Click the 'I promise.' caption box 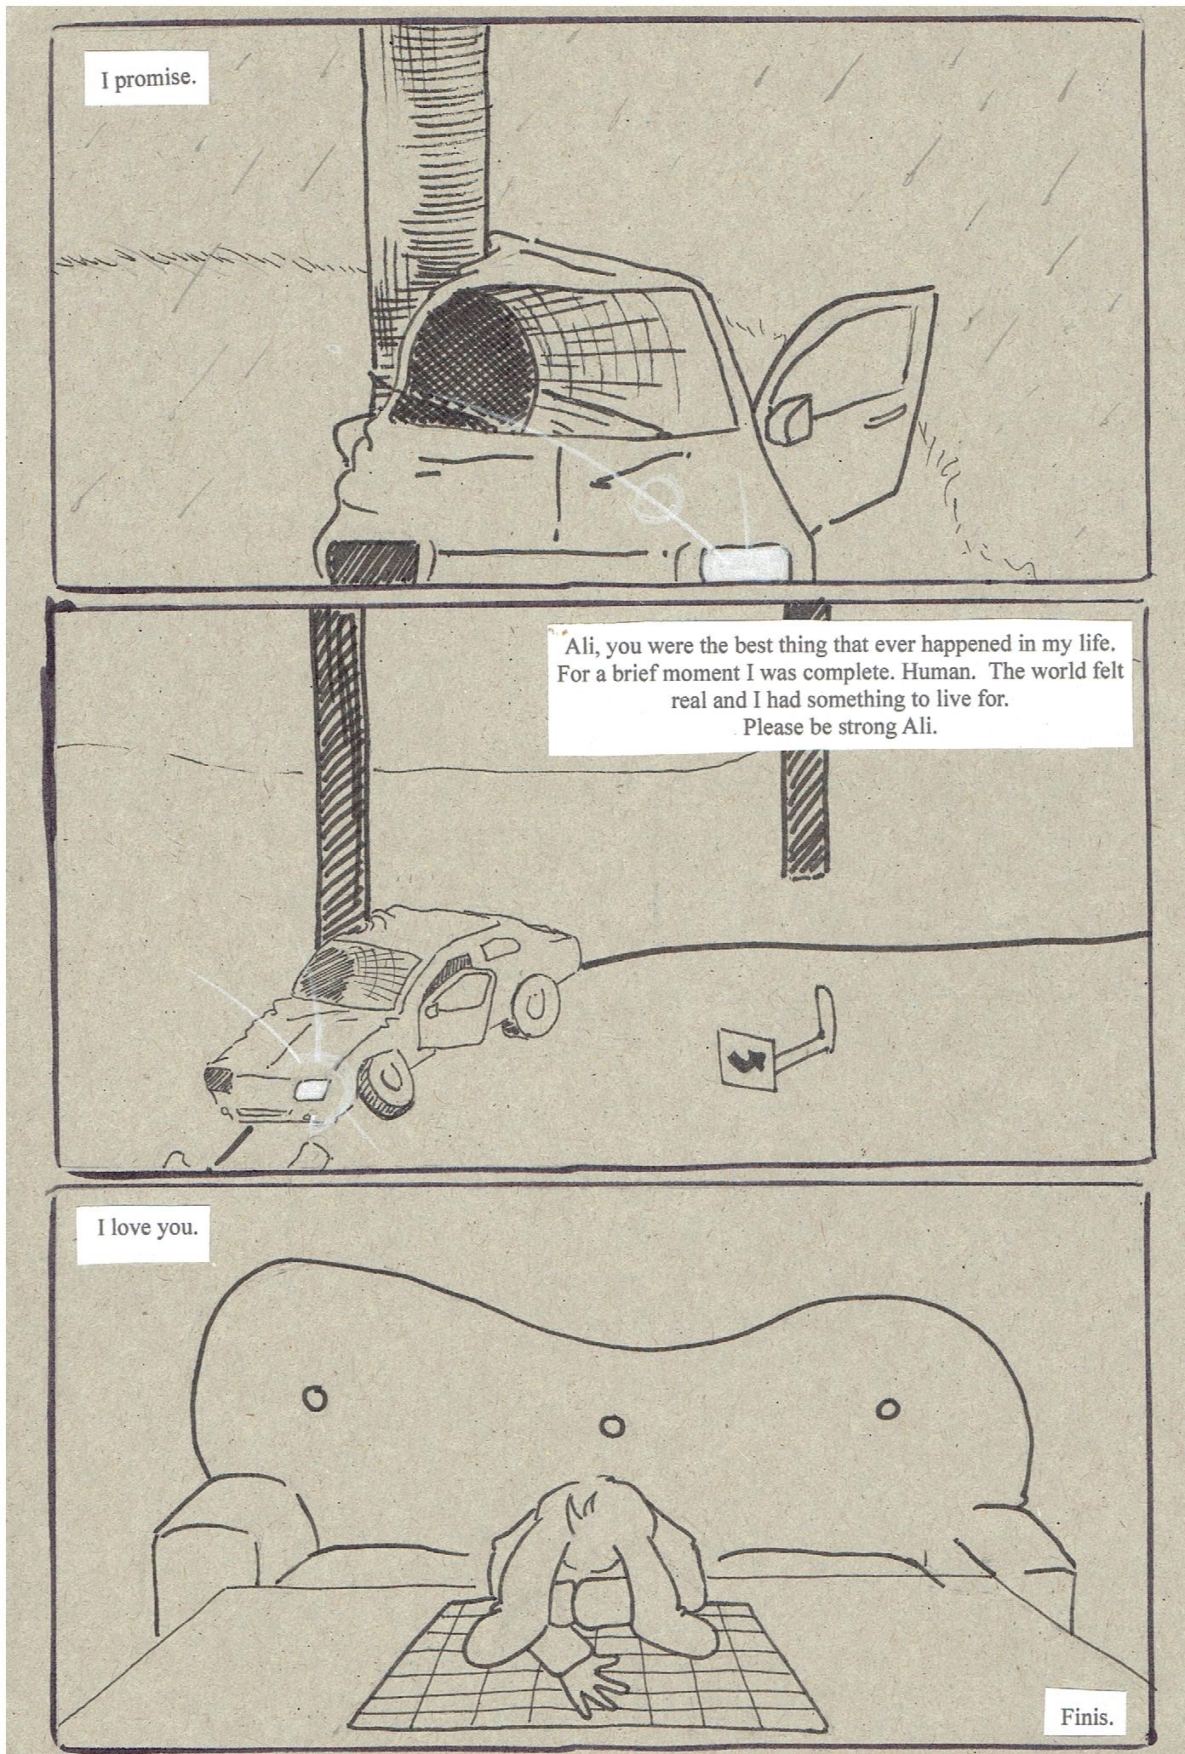point(147,80)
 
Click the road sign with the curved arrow point(747,1058)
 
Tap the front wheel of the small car point(388,1083)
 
